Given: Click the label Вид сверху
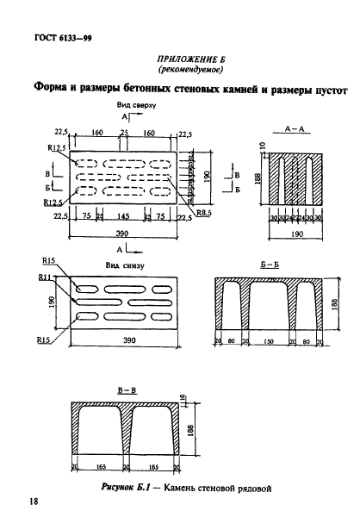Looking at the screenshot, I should coord(138,104).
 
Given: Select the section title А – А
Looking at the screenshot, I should coord(296,127).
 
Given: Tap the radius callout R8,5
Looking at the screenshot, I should coord(203,212).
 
